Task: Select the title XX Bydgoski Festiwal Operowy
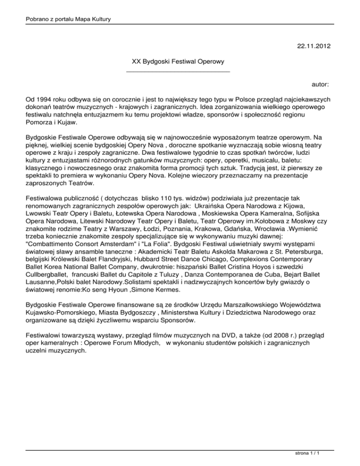178,61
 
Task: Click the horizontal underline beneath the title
178,71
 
